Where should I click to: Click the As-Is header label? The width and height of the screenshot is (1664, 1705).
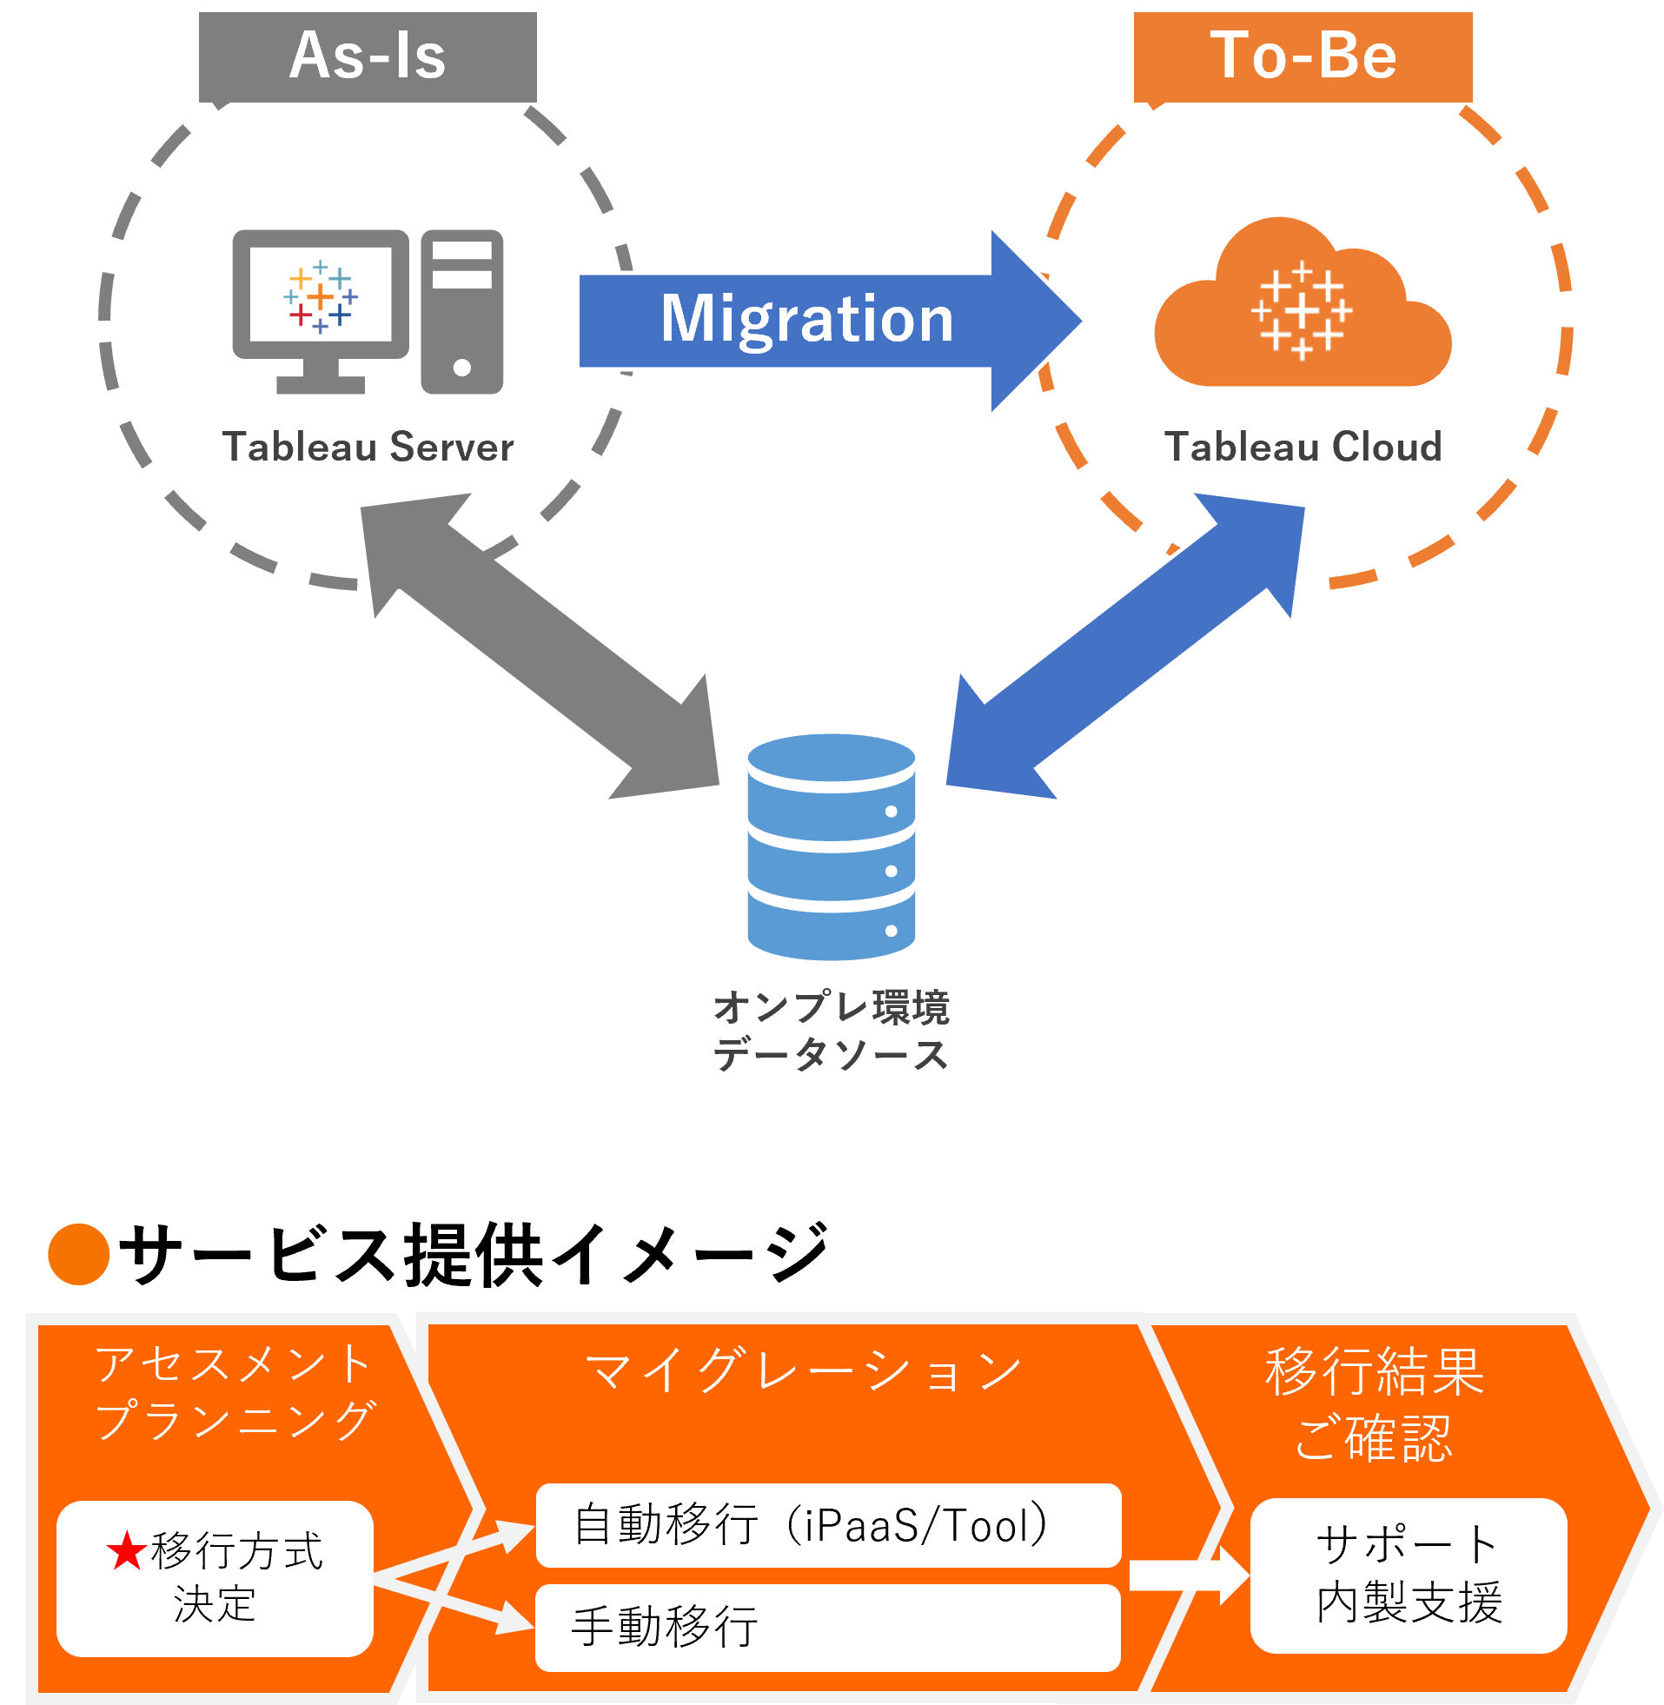click(367, 56)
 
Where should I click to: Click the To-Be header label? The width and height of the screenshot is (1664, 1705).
click(1303, 56)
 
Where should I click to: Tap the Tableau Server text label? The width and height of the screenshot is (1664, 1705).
click(368, 447)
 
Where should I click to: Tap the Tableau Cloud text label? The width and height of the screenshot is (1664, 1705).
click(1303, 447)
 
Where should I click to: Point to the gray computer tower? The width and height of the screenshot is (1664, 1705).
click(461, 312)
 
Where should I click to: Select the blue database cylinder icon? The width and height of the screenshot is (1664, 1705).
click(831, 846)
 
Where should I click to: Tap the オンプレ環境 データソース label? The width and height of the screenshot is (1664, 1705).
click(831, 1032)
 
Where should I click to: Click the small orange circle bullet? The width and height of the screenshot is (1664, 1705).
click(79, 1254)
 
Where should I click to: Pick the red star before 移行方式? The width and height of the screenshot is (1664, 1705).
click(127, 1550)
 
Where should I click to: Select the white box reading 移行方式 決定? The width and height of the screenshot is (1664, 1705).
click(215, 1578)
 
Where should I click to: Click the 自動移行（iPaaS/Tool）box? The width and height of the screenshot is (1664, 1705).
click(827, 1525)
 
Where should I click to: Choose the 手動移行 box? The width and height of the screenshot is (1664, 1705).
click(827, 1627)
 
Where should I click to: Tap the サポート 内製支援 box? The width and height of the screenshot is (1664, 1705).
click(1408, 1575)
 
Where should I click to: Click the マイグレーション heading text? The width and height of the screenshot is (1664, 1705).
click(802, 1370)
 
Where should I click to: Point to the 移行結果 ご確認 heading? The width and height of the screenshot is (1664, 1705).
click(1374, 1403)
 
